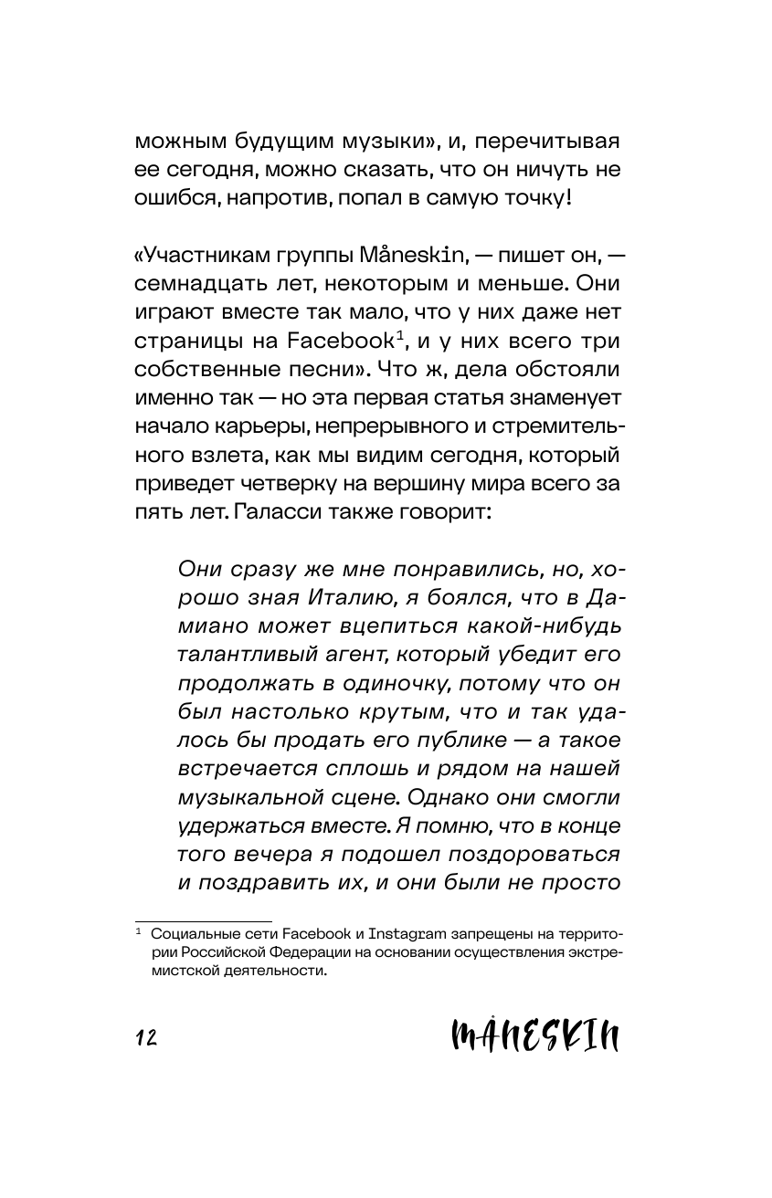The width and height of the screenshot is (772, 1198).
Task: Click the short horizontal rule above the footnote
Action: click(x=204, y=920)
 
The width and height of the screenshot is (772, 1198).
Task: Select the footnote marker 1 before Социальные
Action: click(x=139, y=932)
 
